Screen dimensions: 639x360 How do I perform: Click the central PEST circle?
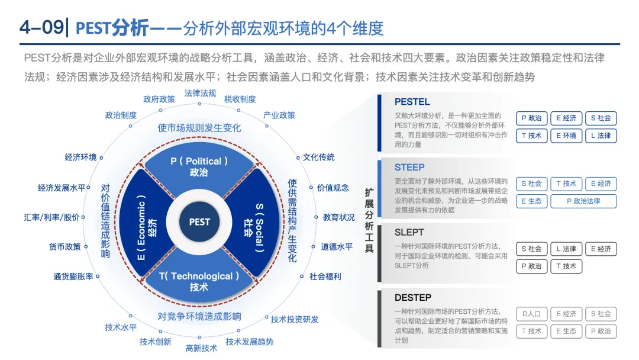point(199,222)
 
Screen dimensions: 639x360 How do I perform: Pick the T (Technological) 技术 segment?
point(199,281)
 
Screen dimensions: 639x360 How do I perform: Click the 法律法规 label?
point(201,93)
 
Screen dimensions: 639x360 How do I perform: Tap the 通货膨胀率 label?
point(73,277)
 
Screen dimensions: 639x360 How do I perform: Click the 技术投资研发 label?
point(295,319)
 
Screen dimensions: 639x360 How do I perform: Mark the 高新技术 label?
point(201,348)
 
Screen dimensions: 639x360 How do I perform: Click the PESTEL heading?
point(412,102)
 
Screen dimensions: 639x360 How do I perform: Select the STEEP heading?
point(409,167)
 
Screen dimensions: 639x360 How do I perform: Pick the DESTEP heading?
point(413,297)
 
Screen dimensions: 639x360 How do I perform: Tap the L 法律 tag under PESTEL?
point(601,136)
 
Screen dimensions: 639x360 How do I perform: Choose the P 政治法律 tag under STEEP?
point(583,201)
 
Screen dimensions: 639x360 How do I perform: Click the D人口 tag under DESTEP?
point(531,314)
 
